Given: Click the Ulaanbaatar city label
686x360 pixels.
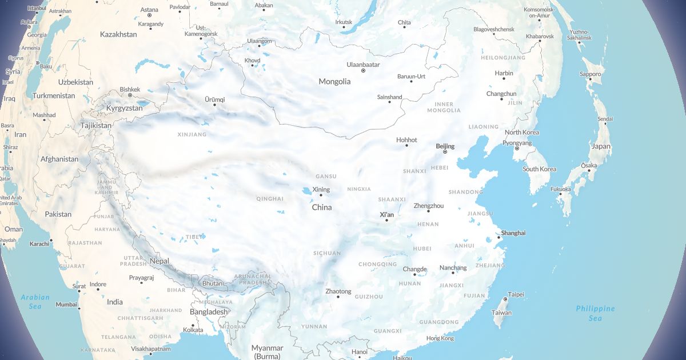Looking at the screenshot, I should (363, 65).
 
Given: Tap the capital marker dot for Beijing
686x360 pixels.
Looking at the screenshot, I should (445, 152).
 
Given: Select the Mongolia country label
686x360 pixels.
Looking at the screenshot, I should (334, 81).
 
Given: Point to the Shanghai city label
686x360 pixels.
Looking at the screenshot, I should (513, 233).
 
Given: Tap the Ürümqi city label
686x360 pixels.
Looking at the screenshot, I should (215, 99).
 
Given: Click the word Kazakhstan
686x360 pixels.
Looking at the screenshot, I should (118, 34).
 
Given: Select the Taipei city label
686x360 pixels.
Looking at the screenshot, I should (516, 294).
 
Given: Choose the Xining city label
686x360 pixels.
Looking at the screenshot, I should (321, 189).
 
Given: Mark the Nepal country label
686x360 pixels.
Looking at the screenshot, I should (159, 261).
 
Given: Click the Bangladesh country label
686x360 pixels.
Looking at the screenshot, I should (209, 311).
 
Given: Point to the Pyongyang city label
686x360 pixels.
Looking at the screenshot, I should (516, 142).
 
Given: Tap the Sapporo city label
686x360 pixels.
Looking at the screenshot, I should (591, 74).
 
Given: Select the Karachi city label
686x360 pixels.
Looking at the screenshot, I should (39, 244).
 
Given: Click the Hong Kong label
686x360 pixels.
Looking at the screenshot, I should (440, 338).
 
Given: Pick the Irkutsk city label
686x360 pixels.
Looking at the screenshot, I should (344, 22).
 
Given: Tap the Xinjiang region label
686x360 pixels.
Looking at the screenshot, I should (191, 135).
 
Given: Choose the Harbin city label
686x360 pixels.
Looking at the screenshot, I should (504, 73).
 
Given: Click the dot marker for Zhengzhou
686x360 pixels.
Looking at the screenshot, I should (428, 211).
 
